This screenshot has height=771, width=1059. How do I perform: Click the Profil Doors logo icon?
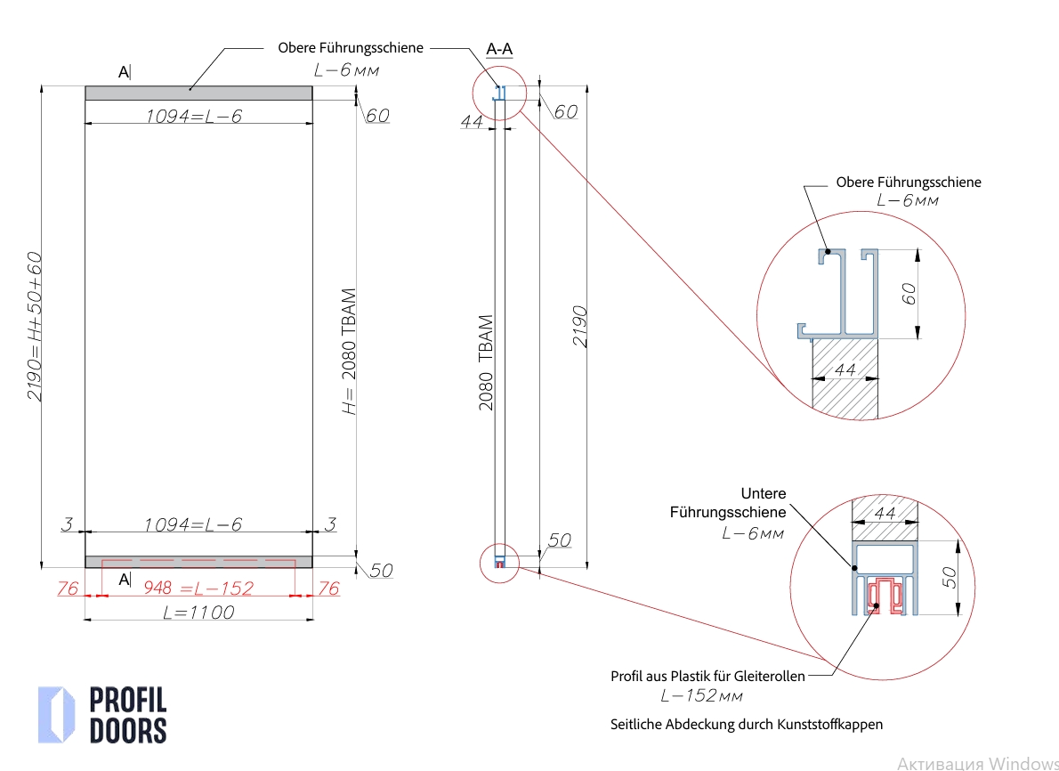pyautogui.click(x=56, y=714)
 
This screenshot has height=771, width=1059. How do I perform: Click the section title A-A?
pyautogui.click(x=499, y=49)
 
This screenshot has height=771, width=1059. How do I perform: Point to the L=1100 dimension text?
pyautogui.click(x=198, y=613)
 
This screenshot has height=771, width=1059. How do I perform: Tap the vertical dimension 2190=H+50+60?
pyautogui.click(x=34, y=326)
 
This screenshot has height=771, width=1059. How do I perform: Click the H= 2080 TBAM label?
pyautogui.click(x=349, y=351)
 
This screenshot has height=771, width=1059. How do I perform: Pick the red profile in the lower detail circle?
pyautogui.click(x=884, y=595)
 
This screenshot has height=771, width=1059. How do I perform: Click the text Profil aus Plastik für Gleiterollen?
pyautogui.click(x=707, y=677)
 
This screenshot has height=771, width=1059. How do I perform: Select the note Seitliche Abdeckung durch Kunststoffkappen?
pyautogui.click(x=747, y=724)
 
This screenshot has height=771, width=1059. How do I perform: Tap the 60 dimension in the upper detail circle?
pyautogui.click(x=909, y=294)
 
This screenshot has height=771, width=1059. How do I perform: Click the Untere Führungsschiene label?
pyautogui.click(x=728, y=503)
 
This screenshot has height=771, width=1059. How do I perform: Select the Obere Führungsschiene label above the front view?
pyautogui.click(x=351, y=48)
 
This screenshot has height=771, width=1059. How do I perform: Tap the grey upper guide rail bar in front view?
pyautogui.click(x=198, y=93)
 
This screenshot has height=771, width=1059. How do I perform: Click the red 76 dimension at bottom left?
pyautogui.click(x=69, y=588)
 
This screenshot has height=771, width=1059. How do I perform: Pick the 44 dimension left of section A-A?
pyautogui.click(x=472, y=122)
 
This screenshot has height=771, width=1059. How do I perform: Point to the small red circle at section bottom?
pyautogui.click(x=498, y=564)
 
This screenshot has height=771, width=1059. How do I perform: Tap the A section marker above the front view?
pyautogui.click(x=125, y=72)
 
